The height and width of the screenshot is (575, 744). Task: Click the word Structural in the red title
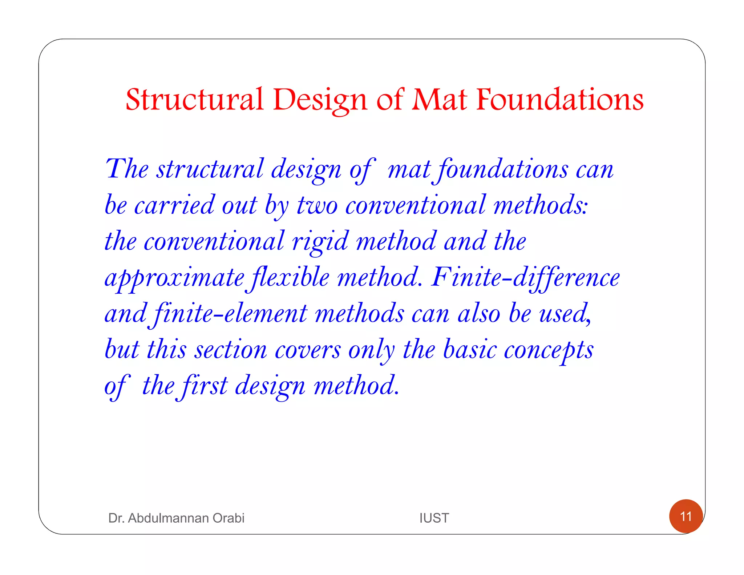[194, 99]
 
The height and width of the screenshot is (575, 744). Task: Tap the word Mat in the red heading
[439, 99]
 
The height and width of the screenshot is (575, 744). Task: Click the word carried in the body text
[174, 205]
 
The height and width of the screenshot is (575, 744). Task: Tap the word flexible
[288, 278]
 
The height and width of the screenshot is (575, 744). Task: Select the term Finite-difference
[525, 278]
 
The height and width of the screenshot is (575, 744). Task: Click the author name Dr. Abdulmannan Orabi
[176, 518]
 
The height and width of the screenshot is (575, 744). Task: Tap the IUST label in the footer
[434, 518]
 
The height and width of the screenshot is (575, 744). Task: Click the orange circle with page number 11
[686, 516]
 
